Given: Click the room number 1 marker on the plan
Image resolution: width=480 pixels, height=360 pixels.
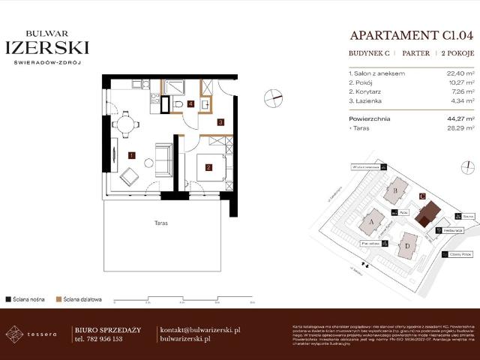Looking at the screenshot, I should pos(131,156).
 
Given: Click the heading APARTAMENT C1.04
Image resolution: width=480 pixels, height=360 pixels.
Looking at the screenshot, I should pos(412,35).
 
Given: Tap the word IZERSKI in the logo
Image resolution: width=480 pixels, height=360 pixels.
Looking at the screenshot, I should pos(46,47).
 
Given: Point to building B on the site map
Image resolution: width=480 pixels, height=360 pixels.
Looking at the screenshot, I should pos(394,190).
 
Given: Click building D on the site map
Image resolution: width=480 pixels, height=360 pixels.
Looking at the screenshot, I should pos(407,245).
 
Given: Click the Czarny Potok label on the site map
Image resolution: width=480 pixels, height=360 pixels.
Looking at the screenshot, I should pos(460,254).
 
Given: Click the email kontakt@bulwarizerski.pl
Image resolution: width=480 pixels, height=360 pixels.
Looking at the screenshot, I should pos(200,329).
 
